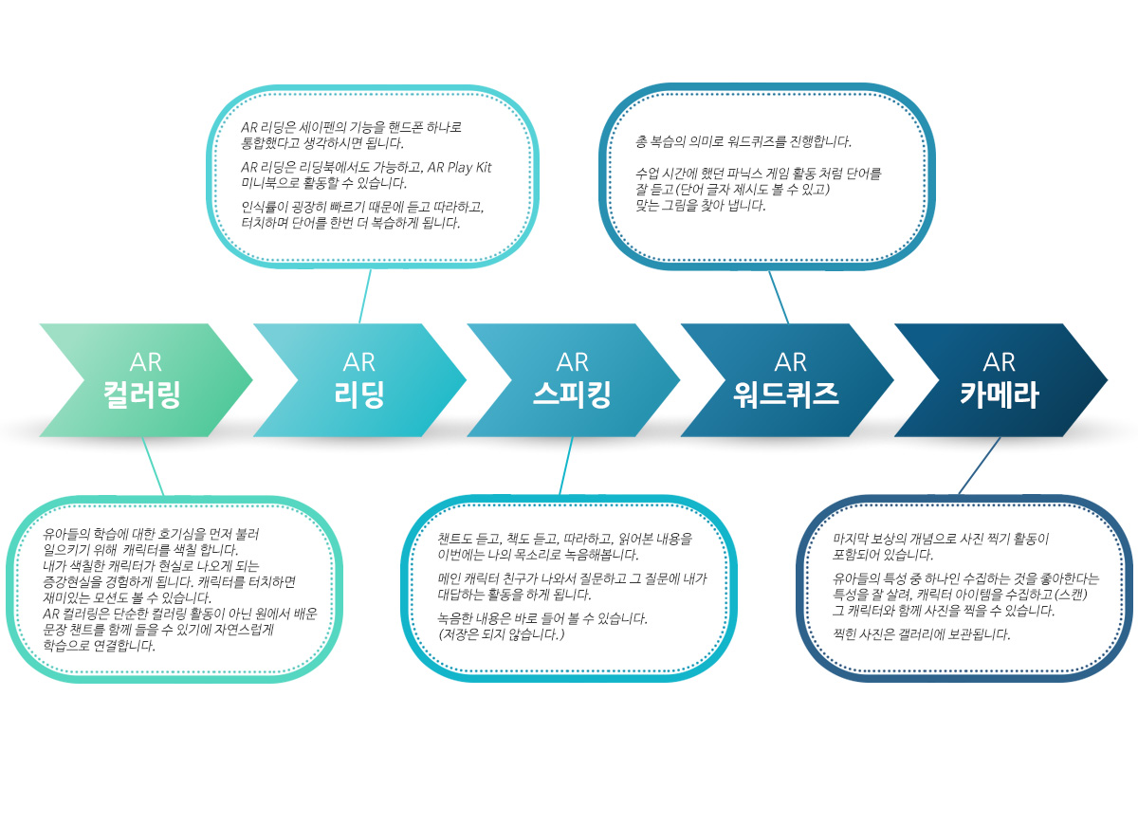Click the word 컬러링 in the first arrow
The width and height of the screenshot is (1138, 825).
(141, 394)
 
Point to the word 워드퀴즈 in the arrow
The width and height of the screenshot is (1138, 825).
(786, 394)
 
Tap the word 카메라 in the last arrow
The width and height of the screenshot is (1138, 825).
(999, 394)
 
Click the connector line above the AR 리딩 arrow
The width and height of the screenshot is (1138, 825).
(365, 296)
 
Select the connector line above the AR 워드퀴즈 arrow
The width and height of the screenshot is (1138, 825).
(779, 297)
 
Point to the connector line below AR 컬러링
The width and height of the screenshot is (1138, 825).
(153, 467)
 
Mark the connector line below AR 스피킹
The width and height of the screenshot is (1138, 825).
(566, 466)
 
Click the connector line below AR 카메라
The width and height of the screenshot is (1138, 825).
(979, 466)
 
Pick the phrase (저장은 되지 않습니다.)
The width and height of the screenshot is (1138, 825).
(501, 634)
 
